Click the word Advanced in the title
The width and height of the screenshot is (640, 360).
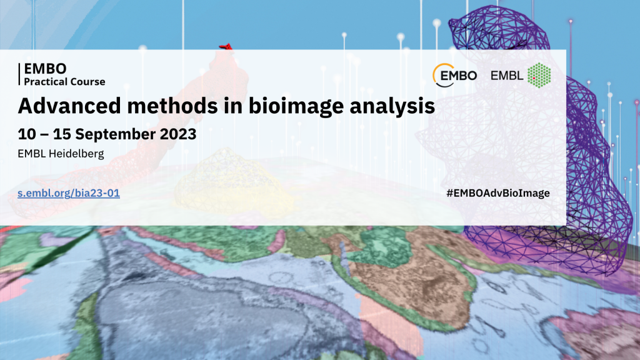[69, 106]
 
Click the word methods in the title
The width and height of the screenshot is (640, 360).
[172, 106]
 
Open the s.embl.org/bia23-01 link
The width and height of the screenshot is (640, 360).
[69, 193]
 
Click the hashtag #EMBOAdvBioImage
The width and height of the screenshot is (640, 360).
[498, 193]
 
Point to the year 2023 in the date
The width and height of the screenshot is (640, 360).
[178, 134]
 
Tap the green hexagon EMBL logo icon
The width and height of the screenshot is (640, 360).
[539, 76]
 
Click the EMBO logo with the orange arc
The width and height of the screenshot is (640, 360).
[454, 76]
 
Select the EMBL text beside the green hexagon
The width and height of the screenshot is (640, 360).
[506, 76]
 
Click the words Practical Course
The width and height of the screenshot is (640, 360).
[64, 82]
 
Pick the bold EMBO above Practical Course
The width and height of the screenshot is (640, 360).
[45, 69]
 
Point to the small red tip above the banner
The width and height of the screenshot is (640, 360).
[226, 46]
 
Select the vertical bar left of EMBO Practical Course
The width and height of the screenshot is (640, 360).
[19, 74]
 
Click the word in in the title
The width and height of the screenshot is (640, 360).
[234, 106]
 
